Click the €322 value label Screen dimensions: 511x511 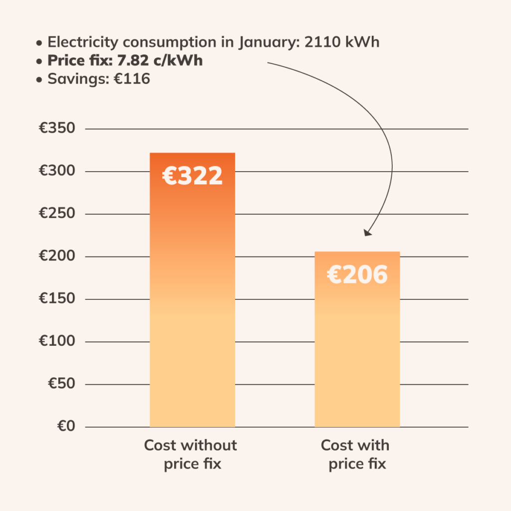pyautogui.click(x=192, y=176)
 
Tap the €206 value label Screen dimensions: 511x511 pyautogui.click(x=357, y=274)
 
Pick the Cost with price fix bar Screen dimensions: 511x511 pyautogui.click(x=357, y=349)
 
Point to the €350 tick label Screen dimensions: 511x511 pyautogui.click(x=57, y=129)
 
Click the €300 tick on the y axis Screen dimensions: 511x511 pyautogui.click(x=57, y=171)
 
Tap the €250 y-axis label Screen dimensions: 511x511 pyautogui.click(x=57, y=214)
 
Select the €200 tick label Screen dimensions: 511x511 pyautogui.click(x=57, y=256)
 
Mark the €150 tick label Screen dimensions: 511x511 pyautogui.click(x=57, y=299)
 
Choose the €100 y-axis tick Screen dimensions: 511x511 pyautogui.click(x=57, y=341)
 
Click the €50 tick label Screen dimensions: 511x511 pyautogui.click(x=61, y=384)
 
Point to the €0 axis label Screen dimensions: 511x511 pyautogui.click(x=65, y=427)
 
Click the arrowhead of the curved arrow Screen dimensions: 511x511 pyautogui.click(x=367, y=232)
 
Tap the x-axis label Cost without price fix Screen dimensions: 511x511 pyautogui.click(x=190, y=454)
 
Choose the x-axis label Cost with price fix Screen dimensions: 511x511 pyautogui.click(x=355, y=454)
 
